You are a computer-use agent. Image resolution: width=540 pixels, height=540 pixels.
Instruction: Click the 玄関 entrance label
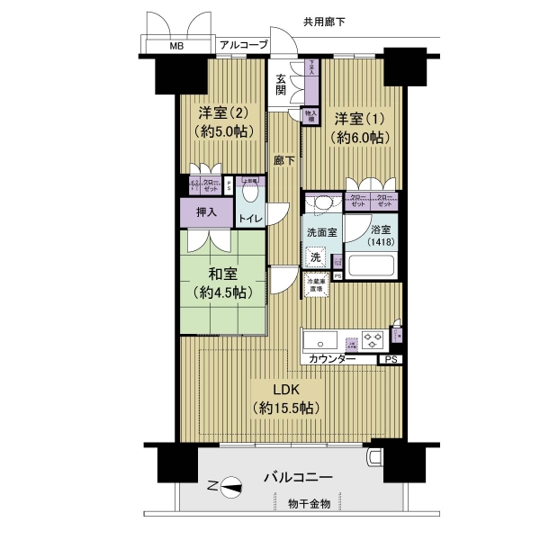coord(282,85)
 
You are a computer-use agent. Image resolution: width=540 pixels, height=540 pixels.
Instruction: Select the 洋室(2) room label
coord(221,113)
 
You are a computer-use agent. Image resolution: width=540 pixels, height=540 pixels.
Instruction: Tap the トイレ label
coord(250,219)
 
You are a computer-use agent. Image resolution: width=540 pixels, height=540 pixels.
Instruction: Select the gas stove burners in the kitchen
coord(373,340)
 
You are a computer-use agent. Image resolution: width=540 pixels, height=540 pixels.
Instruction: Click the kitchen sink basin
coord(319,341)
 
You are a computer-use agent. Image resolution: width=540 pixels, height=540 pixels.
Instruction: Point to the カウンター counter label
coord(331,360)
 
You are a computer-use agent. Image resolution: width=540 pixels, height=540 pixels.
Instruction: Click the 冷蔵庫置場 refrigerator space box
coord(316,285)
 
